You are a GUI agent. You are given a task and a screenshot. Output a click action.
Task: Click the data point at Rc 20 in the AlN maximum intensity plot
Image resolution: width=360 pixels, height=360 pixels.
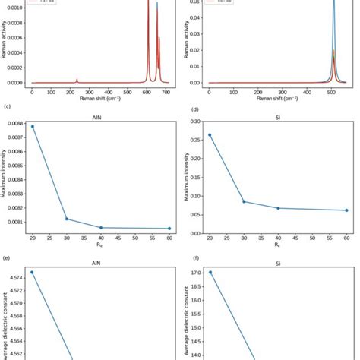point(32,126)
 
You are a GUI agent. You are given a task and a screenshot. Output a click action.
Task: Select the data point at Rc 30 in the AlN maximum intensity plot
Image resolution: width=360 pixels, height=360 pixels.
point(67,219)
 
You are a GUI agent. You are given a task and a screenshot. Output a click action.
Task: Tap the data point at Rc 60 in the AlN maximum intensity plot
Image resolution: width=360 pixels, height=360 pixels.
point(169,229)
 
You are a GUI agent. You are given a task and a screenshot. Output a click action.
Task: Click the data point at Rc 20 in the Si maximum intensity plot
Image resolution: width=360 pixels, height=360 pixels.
point(210,135)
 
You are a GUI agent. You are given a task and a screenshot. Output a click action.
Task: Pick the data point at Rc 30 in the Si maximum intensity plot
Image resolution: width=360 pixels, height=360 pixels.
point(245,201)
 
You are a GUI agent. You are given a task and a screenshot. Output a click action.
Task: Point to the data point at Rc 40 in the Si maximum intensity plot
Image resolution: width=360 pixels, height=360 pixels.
point(278,208)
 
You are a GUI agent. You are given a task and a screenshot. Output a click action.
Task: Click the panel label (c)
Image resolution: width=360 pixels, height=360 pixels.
point(7,108)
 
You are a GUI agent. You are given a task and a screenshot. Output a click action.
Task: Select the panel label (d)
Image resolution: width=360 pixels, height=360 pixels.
point(187,108)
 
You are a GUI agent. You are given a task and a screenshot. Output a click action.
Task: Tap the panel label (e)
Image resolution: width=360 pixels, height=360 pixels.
point(7,258)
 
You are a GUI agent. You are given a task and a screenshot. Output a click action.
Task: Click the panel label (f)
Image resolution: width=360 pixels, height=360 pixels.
point(187,258)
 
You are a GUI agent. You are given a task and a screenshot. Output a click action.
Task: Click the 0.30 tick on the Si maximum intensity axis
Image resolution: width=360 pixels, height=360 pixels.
point(195,122)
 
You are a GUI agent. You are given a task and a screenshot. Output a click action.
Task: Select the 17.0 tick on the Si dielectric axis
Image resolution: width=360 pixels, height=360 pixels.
point(195,273)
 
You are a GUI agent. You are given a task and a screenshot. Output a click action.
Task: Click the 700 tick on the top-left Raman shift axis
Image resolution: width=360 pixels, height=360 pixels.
point(166,92)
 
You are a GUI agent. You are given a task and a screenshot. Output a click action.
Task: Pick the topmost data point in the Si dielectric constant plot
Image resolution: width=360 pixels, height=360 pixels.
point(210,272)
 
